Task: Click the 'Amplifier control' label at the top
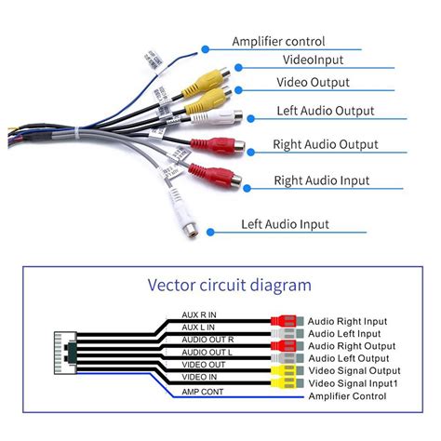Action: (x=278, y=42)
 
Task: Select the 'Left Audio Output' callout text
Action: (x=326, y=111)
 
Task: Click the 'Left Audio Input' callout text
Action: (x=285, y=223)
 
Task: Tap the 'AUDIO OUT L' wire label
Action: (x=209, y=353)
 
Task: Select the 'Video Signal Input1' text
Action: (x=359, y=384)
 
